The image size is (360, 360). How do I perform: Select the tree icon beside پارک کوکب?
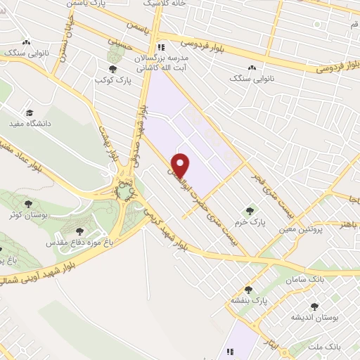coord(112,69)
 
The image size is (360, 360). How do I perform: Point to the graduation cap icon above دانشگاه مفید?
coord(30,112)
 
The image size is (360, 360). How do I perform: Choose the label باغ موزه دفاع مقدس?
coord(75,242)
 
